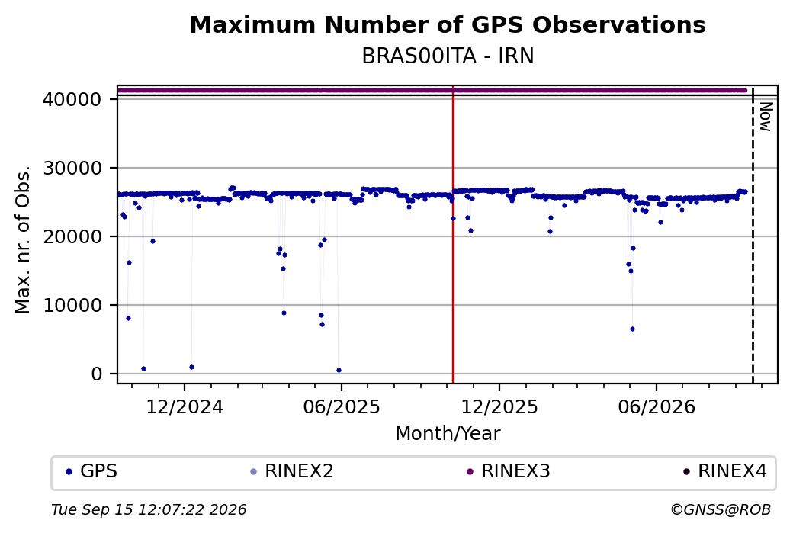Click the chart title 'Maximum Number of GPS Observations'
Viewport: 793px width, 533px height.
(x=448, y=24)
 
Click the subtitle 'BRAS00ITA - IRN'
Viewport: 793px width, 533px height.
(x=448, y=56)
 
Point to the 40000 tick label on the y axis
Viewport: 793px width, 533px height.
(x=72, y=99)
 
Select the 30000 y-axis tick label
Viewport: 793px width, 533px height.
(x=72, y=168)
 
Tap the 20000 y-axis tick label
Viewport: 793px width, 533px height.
(x=72, y=236)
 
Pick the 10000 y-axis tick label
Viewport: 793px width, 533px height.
(x=72, y=306)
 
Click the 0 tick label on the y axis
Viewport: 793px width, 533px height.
(x=97, y=374)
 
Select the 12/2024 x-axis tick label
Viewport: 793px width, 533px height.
(x=185, y=406)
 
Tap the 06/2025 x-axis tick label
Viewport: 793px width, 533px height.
(x=342, y=406)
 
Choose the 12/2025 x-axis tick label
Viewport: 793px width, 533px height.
(x=499, y=406)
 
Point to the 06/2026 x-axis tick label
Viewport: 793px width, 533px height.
(x=657, y=406)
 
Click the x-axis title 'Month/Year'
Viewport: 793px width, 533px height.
(x=448, y=434)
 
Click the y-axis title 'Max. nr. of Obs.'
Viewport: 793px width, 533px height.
(x=23, y=239)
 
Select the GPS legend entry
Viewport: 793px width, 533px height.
(x=91, y=471)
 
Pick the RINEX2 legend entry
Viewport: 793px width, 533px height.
(x=292, y=471)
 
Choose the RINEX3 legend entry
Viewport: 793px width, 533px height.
(x=509, y=471)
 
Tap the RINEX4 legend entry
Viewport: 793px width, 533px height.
(x=724, y=471)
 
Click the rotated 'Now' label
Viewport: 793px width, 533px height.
(x=766, y=117)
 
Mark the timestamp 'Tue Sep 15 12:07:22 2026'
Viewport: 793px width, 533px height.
(x=149, y=509)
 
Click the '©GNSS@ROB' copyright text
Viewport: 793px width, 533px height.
(x=721, y=509)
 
